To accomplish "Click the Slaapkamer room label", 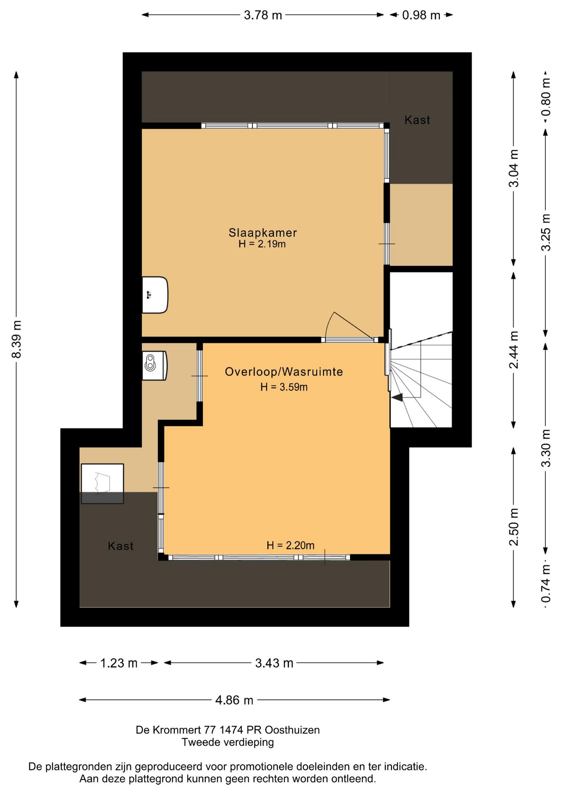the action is click(263, 233).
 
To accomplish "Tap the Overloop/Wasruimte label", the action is click(284, 372).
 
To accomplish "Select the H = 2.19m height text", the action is click(262, 244).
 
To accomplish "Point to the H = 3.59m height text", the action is click(284, 387).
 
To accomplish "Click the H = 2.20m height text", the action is click(291, 546).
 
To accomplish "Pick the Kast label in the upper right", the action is click(417, 120).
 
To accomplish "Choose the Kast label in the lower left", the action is click(120, 546).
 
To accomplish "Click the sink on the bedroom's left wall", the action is click(155, 295).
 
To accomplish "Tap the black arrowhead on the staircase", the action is click(397, 397).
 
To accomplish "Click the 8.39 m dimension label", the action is click(17, 340).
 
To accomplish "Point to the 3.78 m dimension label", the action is click(263, 15).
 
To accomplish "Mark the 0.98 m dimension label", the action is click(421, 15).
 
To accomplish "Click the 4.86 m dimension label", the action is click(234, 700).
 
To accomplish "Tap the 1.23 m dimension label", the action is click(119, 663).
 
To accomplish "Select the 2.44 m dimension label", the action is click(514, 350).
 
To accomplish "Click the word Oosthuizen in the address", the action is click(292, 730).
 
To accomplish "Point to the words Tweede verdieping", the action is click(228, 742).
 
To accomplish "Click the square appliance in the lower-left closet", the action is click(102, 484).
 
